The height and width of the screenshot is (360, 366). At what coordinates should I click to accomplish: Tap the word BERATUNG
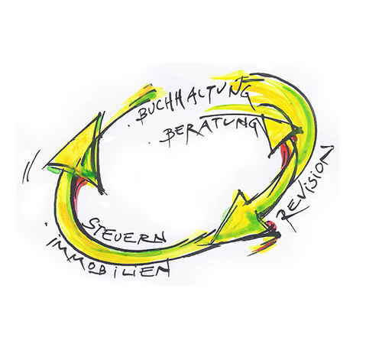pos(211,130)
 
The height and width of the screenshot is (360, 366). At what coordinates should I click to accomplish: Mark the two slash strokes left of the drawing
pos(30,167)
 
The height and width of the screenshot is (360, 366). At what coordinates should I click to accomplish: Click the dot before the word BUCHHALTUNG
pos(130,126)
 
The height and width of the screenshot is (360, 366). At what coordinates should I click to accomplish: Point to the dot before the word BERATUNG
pos(152,141)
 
